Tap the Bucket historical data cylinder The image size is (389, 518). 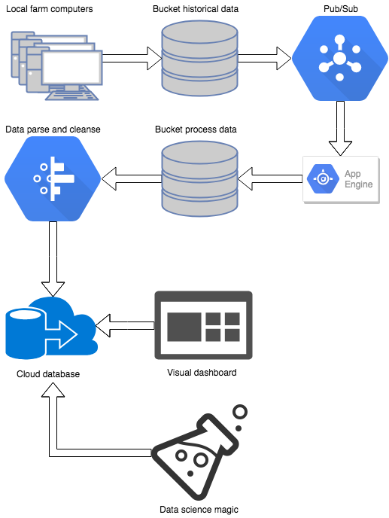click(199, 59)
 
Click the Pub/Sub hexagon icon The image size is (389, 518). click(338, 59)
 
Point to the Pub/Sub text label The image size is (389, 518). click(337, 9)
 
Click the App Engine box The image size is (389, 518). click(339, 178)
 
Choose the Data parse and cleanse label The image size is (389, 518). click(53, 129)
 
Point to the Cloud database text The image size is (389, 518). click(47, 374)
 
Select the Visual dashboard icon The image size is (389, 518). click(203, 325)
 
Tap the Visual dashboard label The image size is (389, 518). click(201, 373)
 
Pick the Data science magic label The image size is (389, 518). click(199, 510)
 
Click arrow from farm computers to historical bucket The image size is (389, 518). click(132, 57)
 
